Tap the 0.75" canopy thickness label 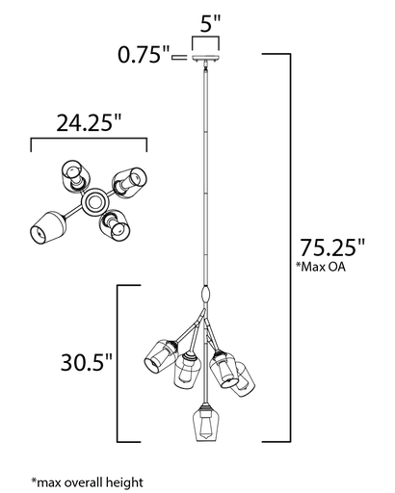point(144,55)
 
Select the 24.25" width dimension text point(89,122)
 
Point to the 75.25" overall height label point(332,247)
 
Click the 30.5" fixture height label point(87,362)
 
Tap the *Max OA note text point(321,267)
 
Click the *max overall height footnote point(87,482)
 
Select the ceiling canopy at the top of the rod point(205,59)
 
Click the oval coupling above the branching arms point(206,294)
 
